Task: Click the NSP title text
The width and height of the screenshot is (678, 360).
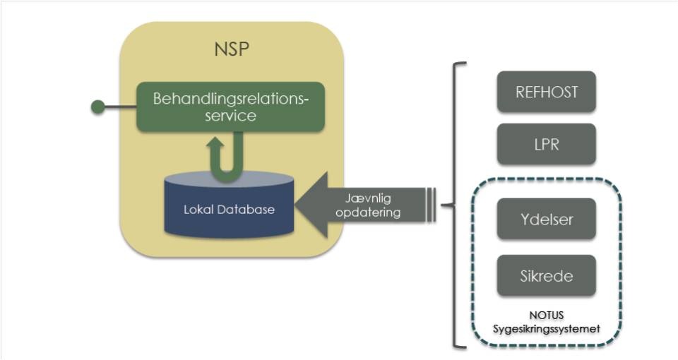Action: pos(232,50)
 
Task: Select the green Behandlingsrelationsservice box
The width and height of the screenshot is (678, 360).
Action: pos(231,107)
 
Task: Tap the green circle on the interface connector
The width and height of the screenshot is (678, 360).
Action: pos(99,107)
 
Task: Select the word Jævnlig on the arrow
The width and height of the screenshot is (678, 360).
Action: pos(364,198)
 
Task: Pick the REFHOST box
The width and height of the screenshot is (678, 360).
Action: pos(547,92)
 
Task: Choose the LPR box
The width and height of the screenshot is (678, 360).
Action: pos(547,144)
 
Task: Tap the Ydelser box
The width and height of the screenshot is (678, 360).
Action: pos(547,220)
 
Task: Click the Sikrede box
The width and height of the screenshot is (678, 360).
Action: pos(547,276)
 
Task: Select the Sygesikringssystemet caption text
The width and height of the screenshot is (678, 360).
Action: pos(547,328)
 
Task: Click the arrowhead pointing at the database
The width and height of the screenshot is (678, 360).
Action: pos(311,205)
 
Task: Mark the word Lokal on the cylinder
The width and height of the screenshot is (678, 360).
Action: pos(200,209)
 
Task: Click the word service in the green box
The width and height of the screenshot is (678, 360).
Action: pos(230,116)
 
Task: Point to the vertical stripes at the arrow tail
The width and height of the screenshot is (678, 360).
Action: pos(431,205)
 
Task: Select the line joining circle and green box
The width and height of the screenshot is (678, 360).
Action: pos(121,107)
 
